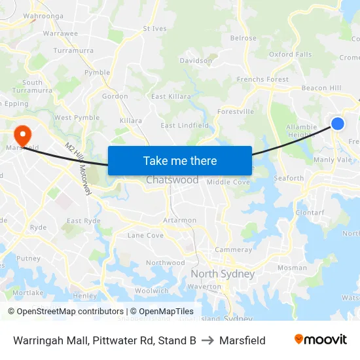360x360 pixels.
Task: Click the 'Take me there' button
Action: (x=179, y=160)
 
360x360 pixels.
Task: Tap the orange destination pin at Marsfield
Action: (x=22, y=135)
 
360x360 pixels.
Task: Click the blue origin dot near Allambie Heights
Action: (x=338, y=123)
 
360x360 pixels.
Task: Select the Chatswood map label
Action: (x=172, y=180)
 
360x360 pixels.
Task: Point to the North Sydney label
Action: (x=222, y=274)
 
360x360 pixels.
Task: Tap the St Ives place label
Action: (x=154, y=29)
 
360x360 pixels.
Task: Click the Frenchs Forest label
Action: (x=262, y=80)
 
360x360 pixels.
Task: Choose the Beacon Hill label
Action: (x=321, y=88)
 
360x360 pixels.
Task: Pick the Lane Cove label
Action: (x=145, y=235)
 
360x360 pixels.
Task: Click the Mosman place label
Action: (x=292, y=268)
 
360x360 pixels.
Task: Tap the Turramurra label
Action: (x=73, y=50)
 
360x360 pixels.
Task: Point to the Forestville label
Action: (x=236, y=112)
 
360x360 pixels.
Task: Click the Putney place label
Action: (x=28, y=259)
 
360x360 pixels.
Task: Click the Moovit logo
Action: (x=320, y=340)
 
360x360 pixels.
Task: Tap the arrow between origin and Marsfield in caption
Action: (x=207, y=340)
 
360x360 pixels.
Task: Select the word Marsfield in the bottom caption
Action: (x=242, y=340)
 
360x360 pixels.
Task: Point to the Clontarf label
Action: (x=310, y=213)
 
